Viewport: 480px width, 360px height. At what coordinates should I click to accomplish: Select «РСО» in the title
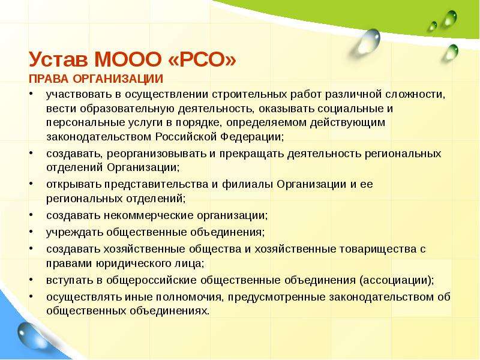coord(202,59)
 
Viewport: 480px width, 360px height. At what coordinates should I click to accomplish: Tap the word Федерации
coord(252,137)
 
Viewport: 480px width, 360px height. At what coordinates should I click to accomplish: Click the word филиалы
coord(248,184)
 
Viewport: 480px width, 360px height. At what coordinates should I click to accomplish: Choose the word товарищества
coord(378,249)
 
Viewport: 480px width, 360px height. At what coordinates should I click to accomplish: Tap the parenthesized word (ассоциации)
coord(397,280)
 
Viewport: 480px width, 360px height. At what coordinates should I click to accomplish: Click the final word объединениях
coord(170,311)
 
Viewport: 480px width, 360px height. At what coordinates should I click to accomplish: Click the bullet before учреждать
coord(31,232)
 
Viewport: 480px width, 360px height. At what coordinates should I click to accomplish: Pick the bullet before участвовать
coord(31,94)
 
